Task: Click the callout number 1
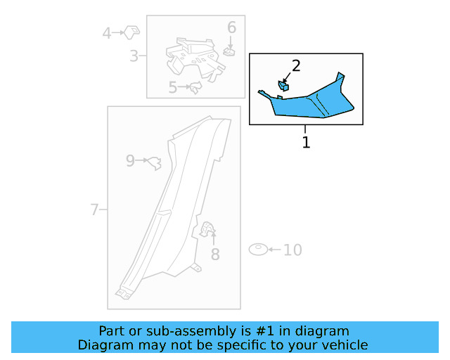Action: coord(306,143)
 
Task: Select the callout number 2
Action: coord(296,66)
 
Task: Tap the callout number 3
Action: coord(134,56)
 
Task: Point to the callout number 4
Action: coord(107,32)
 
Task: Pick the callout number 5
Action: coord(173,88)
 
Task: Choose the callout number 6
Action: coord(231,28)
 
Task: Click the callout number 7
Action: coord(95,209)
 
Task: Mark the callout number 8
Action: coord(215,255)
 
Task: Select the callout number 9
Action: coord(130,161)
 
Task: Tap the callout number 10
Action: coord(292,250)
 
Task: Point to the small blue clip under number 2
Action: coord(284,86)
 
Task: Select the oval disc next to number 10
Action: coord(258,250)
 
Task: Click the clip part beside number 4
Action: coord(131,31)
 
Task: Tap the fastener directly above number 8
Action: coord(209,229)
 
